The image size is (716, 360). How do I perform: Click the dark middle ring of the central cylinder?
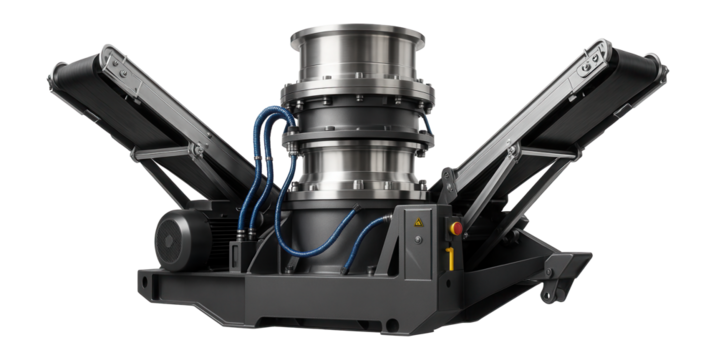coord(360,122)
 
